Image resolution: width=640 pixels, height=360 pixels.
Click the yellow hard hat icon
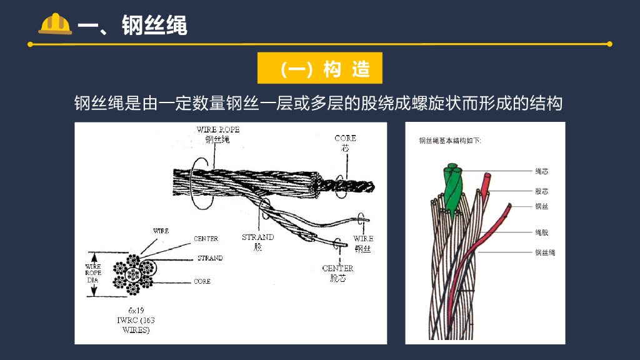[x=55, y=24]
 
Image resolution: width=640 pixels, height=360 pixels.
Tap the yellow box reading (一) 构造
[x=319, y=69]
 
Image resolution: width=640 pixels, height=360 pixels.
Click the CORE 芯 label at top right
[x=345, y=142]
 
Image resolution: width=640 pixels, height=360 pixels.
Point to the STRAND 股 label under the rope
[x=257, y=242]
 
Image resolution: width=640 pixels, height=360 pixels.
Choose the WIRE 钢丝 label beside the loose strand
[x=363, y=243]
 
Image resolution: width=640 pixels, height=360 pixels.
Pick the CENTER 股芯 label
[x=337, y=272]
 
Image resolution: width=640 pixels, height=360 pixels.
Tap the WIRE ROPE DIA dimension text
[x=92, y=273]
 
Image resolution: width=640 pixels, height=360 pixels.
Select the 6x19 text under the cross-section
[x=136, y=311]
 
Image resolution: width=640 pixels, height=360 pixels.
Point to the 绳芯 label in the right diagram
[x=542, y=171]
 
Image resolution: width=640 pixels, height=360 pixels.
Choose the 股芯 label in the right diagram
[x=542, y=191]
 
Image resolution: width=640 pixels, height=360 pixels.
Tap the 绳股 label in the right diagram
[x=542, y=232]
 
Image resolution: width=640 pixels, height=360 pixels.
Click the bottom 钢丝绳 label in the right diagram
[x=545, y=252]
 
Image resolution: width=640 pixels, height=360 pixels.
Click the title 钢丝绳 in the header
[x=154, y=26]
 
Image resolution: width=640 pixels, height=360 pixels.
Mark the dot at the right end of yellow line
[x=609, y=44]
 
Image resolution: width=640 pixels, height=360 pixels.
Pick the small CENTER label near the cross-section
[x=206, y=239]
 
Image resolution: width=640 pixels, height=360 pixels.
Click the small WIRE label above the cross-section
[x=161, y=231]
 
